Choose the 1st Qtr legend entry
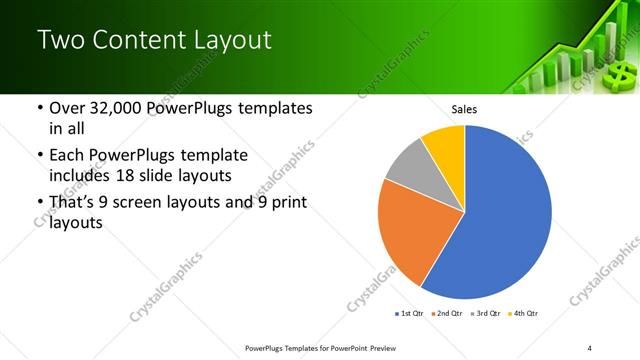pos(409,314)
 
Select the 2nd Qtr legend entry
pos(448,314)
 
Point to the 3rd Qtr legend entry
pos(487,314)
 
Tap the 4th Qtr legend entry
pos(525,314)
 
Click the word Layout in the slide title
pos(229,40)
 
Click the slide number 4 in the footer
pos(590,347)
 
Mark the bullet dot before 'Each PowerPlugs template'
pos(40,156)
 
